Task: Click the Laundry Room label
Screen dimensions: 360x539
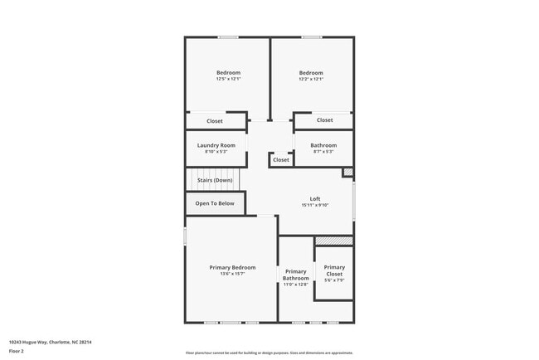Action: (x=216, y=145)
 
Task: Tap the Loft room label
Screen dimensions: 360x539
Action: (x=315, y=198)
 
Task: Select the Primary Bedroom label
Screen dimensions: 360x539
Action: (x=232, y=267)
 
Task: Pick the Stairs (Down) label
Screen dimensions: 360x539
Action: (x=215, y=180)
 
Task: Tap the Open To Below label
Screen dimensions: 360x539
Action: (x=215, y=203)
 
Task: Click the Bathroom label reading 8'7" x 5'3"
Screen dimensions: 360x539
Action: (x=323, y=152)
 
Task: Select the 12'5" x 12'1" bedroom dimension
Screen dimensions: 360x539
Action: (x=228, y=79)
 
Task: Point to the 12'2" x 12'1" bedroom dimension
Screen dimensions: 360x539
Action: (x=311, y=79)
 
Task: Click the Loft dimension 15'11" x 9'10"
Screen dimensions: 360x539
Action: (x=315, y=205)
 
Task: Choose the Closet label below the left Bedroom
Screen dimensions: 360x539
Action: (x=215, y=121)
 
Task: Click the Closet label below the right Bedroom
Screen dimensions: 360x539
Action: (x=324, y=120)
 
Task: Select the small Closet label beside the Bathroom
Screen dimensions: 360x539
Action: (x=281, y=160)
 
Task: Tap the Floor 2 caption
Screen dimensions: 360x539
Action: (x=17, y=351)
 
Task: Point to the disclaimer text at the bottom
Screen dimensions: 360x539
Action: (x=269, y=352)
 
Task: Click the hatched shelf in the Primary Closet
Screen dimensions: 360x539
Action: (x=334, y=241)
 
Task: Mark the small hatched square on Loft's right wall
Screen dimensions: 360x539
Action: (x=348, y=173)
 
